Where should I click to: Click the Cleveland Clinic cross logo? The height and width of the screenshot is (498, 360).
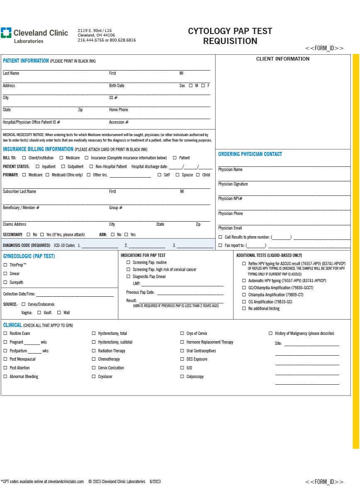tap(6, 33)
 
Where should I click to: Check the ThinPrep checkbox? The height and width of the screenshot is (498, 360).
tap(5, 265)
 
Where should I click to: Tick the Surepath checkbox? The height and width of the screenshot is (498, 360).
tap(5, 282)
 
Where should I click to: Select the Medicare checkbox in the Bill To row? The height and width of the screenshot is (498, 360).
tap(61, 158)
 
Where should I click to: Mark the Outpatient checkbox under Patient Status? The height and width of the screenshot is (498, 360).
tap(63, 166)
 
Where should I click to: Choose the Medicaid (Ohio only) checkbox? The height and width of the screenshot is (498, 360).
tap(47, 175)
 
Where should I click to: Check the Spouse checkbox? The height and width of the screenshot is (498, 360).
tap(177, 175)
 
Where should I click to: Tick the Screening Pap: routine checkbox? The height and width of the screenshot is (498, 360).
tap(128, 262)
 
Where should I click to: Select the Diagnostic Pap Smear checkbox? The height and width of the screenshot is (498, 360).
tap(128, 276)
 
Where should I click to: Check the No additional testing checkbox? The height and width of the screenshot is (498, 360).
tap(244, 308)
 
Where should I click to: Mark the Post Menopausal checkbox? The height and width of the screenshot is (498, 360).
tap(5, 359)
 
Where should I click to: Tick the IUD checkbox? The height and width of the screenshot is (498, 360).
tap(182, 368)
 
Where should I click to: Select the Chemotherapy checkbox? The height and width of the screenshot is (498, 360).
tap(94, 359)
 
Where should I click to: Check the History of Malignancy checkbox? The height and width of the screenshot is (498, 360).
tap(271, 333)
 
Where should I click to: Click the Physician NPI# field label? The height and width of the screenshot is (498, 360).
tap(230, 198)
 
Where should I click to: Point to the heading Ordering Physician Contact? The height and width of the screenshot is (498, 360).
tap(250, 154)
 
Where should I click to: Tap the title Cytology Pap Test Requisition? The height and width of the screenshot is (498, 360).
tap(230, 36)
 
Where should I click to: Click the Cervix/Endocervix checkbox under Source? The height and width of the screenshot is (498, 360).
tap(23, 304)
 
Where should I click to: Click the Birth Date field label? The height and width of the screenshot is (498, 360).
tap(117, 85)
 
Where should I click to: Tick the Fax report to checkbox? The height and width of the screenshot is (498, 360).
tap(220, 245)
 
